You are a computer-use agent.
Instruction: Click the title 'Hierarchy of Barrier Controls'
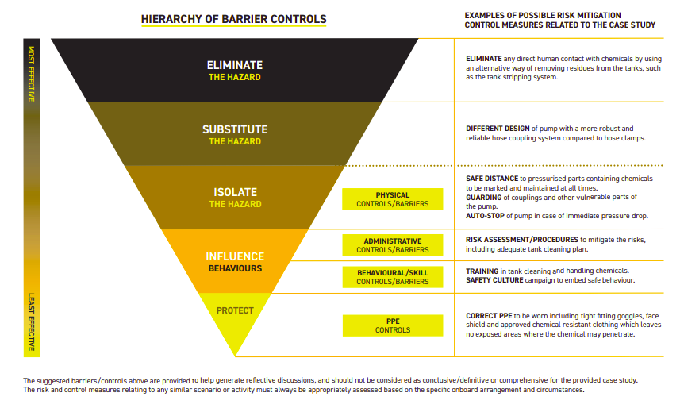click(233, 19)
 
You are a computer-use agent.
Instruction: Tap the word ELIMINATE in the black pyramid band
click(235, 65)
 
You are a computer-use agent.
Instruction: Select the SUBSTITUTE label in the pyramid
click(235, 129)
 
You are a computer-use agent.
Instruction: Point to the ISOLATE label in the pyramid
click(235, 192)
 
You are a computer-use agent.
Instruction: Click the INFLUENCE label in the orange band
click(235, 256)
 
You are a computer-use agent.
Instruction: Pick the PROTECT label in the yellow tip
click(235, 310)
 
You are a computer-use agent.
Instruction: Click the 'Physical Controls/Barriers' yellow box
click(393, 199)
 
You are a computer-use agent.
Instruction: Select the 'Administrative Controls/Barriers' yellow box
click(393, 244)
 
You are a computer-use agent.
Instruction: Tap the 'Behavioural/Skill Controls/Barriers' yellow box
click(393, 277)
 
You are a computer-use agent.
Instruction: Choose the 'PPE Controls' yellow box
click(393, 325)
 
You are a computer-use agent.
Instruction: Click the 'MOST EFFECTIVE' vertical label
click(32, 74)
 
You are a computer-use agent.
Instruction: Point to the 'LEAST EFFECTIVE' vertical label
click(32, 321)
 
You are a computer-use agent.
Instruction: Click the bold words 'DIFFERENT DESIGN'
click(498, 129)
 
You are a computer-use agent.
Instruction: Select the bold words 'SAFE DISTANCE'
click(492, 179)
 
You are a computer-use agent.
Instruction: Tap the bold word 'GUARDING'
click(484, 197)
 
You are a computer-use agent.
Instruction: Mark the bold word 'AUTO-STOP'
click(485, 216)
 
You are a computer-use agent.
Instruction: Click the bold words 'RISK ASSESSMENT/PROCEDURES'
click(521, 240)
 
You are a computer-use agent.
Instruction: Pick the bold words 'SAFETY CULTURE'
click(494, 280)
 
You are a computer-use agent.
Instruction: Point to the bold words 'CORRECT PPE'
click(489, 315)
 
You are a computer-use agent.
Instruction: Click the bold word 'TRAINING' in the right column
click(482, 271)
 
